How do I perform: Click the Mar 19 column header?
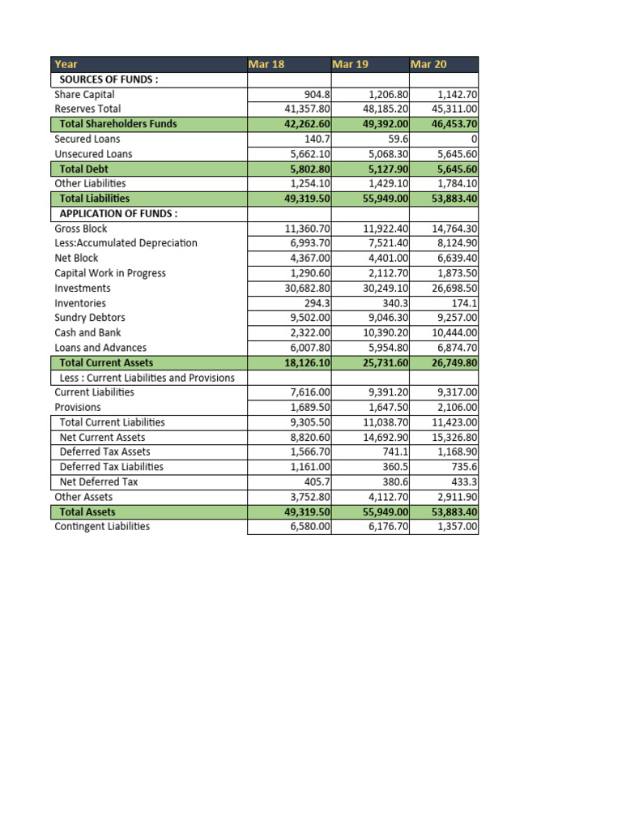point(350,64)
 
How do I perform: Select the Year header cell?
point(66,64)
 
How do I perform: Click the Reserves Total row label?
point(87,109)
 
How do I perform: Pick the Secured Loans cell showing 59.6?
point(394,139)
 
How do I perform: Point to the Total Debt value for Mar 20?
point(457,169)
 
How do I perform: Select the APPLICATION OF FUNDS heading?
point(118,213)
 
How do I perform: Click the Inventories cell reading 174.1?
point(466,303)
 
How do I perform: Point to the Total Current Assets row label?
point(106,362)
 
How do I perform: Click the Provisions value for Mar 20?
point(458,407)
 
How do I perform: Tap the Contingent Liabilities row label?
point(102,526)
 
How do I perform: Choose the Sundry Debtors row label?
point(90,318)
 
